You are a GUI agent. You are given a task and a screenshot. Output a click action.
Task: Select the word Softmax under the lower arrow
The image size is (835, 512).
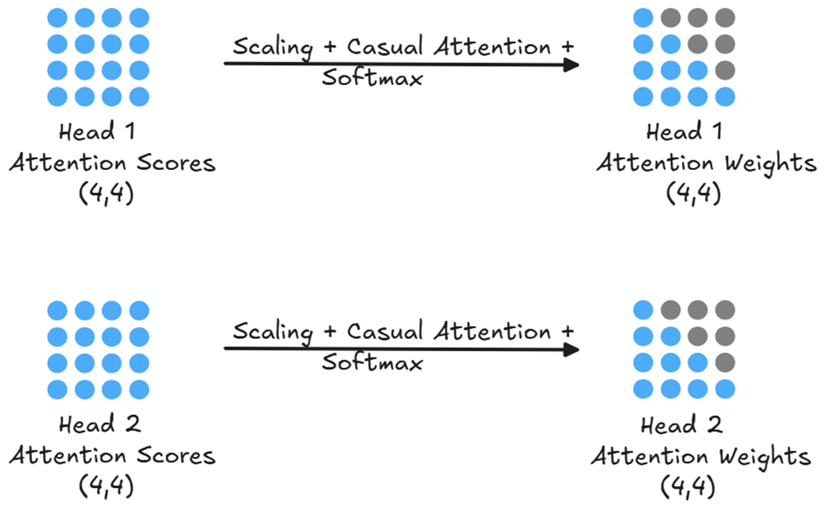point(372,364)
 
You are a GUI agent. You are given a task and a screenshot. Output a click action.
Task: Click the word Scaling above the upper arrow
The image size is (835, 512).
point(272,46)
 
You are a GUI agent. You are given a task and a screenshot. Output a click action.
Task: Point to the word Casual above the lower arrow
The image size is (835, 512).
point(387,331)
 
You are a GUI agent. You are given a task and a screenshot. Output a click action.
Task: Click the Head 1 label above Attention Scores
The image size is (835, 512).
point(112,132)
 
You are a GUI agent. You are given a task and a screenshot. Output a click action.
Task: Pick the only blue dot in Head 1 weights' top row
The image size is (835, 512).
point(643,18)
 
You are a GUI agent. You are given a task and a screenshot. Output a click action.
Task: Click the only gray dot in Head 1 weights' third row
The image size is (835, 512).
point(724,71)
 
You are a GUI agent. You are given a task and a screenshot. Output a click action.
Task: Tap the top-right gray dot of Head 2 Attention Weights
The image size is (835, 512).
point(724,309)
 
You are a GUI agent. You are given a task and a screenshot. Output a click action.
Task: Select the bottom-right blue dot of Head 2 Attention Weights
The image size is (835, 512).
point(724,389)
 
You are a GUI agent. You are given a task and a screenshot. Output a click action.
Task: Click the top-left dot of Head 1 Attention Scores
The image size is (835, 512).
point(58,18)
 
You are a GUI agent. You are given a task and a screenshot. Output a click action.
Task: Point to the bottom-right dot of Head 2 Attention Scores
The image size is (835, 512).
point(139,389)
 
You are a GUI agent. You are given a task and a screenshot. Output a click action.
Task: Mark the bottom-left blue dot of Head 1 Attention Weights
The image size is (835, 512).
point(643,97)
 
